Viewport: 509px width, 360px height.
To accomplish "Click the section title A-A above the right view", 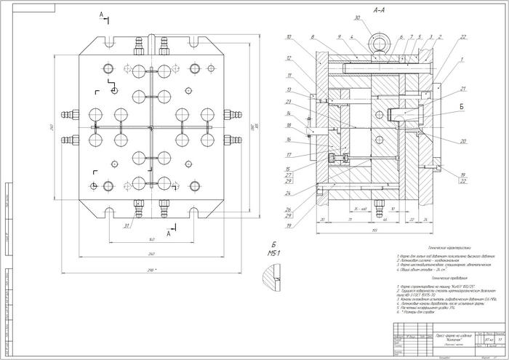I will point(378,12).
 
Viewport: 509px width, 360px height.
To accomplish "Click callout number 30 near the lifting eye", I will point(357,17).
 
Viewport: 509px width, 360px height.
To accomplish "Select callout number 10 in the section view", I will point(289,37).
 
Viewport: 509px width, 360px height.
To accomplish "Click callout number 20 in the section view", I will point(463,141).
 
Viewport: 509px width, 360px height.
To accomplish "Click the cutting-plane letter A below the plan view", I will point(169,234).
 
